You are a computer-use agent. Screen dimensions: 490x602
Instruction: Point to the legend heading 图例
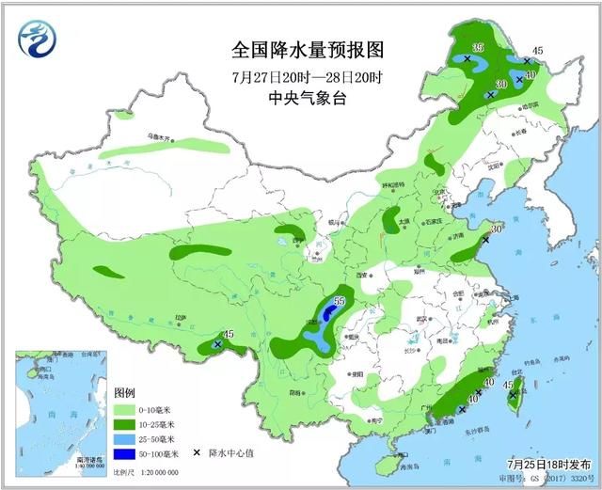[125, 392]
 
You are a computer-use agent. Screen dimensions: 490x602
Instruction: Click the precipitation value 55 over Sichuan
[340, 301]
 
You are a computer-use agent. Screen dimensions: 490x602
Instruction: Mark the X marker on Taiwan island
[512, 396]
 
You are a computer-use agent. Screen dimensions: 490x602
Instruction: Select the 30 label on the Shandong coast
[497, 229]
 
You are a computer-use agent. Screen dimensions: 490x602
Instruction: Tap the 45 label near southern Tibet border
[229, 334]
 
